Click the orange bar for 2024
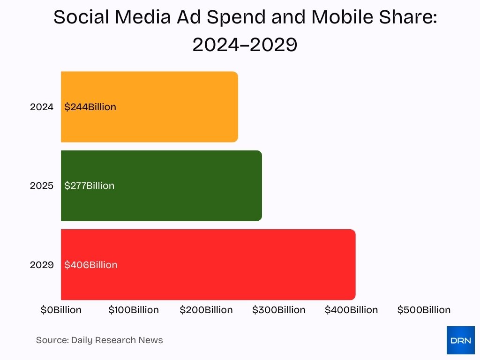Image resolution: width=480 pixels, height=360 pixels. pos(149,107)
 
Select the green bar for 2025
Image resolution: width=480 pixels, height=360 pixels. pos(161,186)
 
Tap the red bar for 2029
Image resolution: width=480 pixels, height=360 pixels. pos(208,265)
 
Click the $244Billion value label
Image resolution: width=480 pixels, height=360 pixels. pos(90,107)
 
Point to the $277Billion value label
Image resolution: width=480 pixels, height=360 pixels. pos(89,186)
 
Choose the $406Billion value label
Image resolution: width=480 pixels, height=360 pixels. pos(91,265)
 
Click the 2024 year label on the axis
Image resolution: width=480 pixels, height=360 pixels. pos(42,107)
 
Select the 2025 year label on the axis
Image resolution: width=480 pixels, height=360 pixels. pos(42,186)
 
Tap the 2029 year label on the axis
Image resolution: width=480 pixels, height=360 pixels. pos(42,265)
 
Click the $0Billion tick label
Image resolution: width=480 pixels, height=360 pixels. pos(61,310)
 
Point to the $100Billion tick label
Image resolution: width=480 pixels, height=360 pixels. pos(134,310)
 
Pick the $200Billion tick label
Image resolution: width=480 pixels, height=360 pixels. pos(206,310)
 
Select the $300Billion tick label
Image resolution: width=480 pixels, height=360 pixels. pos(279,310)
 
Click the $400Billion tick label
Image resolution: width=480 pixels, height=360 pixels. pos(351,310)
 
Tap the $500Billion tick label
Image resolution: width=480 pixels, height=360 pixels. pos(424,310)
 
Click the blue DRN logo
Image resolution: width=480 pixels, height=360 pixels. pos(460,340)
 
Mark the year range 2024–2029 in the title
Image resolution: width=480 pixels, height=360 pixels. pos(245,45)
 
